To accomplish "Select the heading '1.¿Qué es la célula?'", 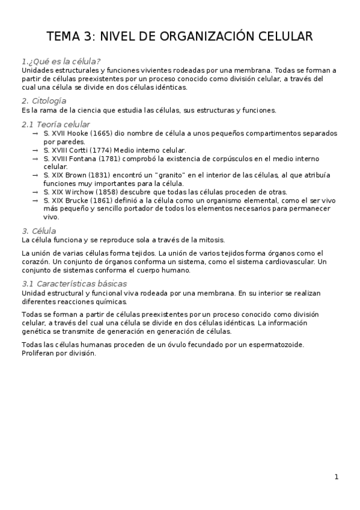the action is click(61, 61).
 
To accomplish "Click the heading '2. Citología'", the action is click(43, 100).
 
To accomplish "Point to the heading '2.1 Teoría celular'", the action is click(55, 124).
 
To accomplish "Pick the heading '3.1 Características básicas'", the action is click(74, 283).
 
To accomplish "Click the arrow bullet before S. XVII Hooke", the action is click(35, 133).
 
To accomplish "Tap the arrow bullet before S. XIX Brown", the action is click(35, 175).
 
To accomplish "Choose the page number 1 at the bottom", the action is click(337, 477).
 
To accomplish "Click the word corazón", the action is click(37, 262).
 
